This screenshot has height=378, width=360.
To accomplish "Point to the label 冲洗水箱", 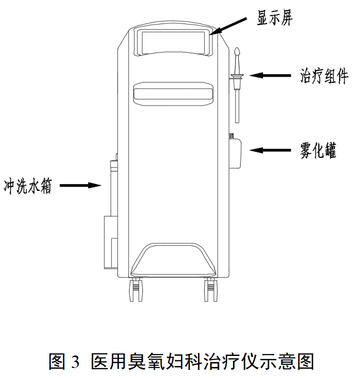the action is [x=28, y=185].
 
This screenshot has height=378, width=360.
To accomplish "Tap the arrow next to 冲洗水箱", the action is [x=81, y=185].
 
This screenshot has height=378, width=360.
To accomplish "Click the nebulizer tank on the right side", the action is [x=236, y=153].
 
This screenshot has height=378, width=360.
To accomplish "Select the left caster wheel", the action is [x=136, y=290].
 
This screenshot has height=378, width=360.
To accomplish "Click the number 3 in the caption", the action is [x=74, y=361].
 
